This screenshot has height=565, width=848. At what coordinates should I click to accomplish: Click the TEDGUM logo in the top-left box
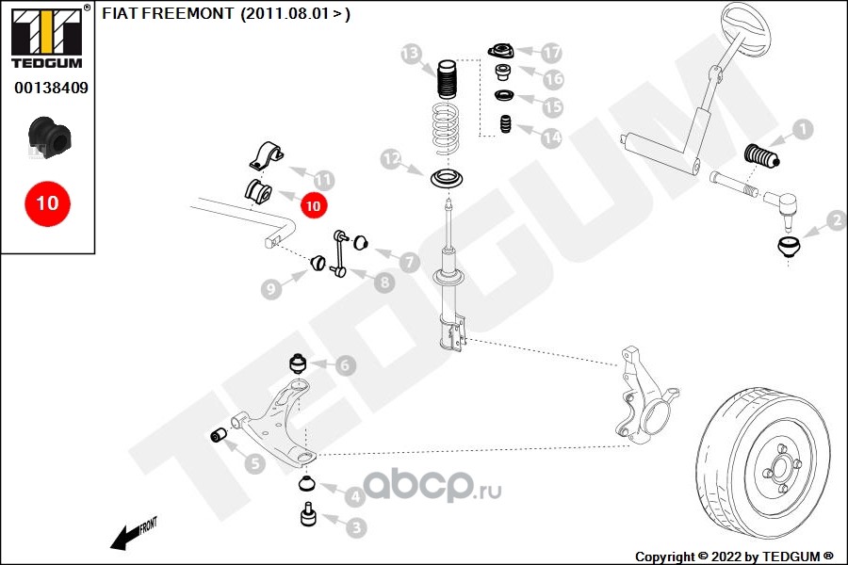point(47,38)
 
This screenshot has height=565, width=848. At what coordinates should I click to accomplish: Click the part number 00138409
point(51,88)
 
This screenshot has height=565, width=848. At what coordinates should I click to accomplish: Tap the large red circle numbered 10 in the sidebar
point(47,203)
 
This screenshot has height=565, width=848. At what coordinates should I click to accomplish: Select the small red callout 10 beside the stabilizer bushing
point(313,205)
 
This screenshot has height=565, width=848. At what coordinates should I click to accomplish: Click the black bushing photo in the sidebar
point(49,137)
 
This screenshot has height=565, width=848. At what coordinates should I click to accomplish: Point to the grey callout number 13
point(411,54)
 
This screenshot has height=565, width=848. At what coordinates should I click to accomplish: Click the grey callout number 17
point(551,53)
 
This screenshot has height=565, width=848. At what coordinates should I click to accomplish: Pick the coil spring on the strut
point(447,129)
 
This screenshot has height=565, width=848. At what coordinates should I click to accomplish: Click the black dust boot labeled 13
point(447,79)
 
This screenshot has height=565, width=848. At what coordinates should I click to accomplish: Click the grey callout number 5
point(254,463)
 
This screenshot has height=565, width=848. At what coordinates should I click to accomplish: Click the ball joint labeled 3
point(308,514)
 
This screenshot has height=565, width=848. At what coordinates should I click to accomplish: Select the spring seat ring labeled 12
point(448,178)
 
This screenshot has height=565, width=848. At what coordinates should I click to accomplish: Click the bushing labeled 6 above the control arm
point(298,363)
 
